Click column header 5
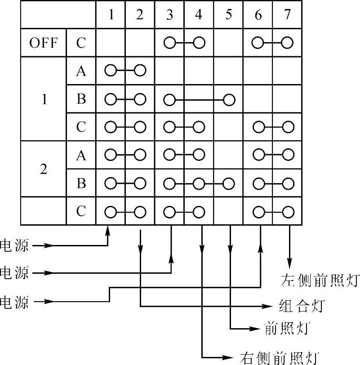point(228,15)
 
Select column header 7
point(287,15)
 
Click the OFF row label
point(44,43)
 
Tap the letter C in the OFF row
point(81,43)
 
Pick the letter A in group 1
point(81,71)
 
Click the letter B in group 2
point(81,183)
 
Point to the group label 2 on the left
point(44,170)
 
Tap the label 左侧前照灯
point(320,280)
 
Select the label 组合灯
point(299,307)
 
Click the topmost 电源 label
point(14,245)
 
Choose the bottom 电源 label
point(14,302)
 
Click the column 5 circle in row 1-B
point(228,99)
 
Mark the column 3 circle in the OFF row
point(169,43)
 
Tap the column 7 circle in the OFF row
point(287,43)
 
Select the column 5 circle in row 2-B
point(228,183)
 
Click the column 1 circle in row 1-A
point(110,71)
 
